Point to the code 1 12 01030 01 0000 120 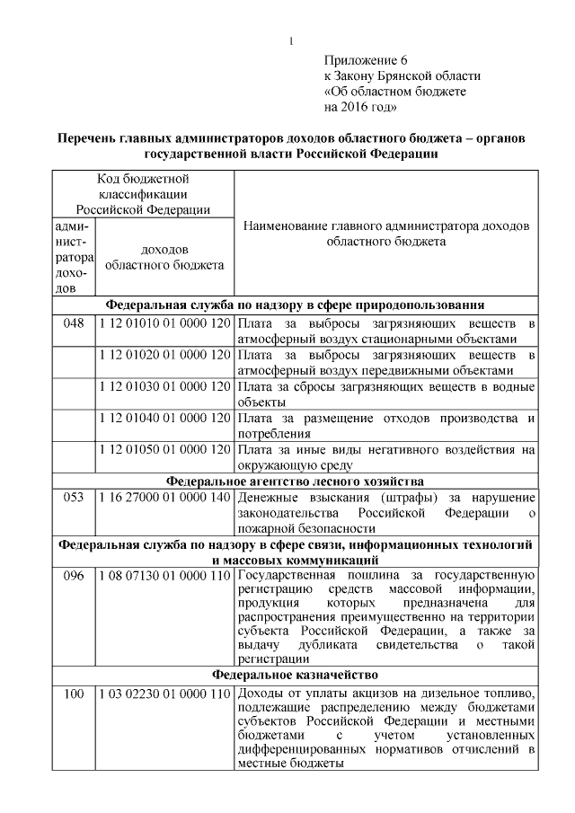coord(164,386)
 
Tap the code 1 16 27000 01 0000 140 coord(164,496)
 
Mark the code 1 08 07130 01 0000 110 coord(164,575)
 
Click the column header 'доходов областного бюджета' coord(164,257)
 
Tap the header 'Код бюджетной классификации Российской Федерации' coord(143,194)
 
